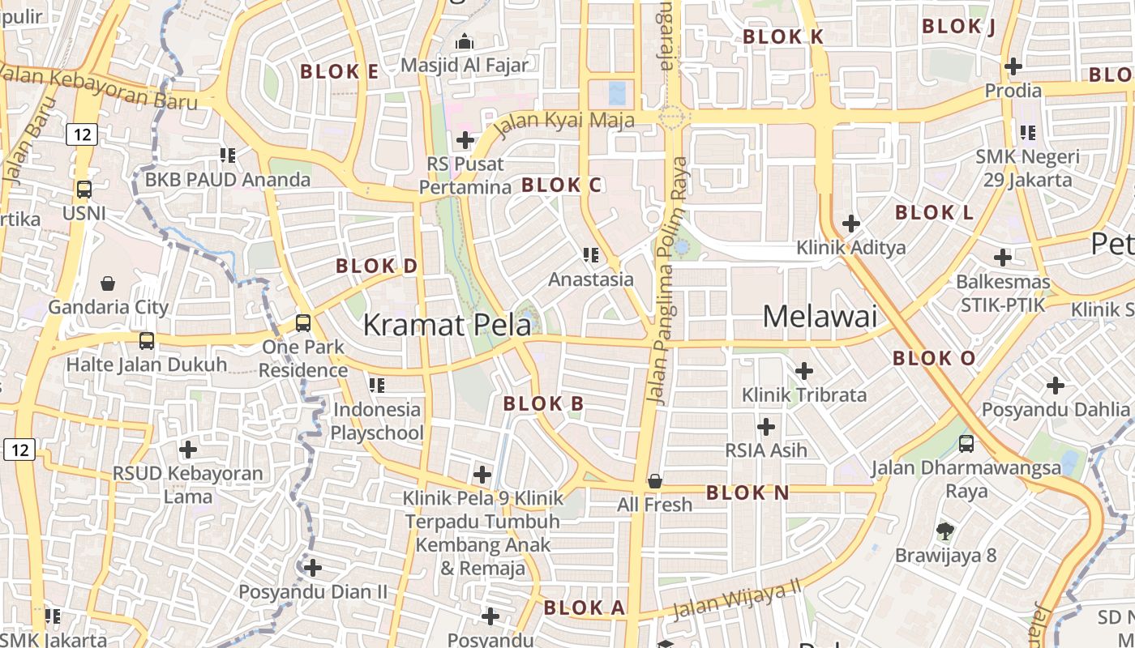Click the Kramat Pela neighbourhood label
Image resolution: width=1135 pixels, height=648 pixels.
point(447,325)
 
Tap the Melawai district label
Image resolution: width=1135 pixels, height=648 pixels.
point(820,316)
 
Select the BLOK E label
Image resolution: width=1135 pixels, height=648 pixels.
point(339,71)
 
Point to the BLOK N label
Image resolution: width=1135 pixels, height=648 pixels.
point(747,492)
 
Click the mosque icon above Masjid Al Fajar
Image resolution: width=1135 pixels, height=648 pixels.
point(465,40)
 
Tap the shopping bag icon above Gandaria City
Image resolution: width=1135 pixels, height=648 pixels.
point(108,283)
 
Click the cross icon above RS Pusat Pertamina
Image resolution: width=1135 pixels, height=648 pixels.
point(465,140)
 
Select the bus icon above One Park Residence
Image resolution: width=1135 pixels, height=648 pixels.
point(303,322)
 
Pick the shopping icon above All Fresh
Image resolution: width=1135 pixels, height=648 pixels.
point(654,481)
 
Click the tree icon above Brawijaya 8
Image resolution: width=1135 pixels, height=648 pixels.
point(944,531)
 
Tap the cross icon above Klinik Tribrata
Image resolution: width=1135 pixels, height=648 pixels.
point(804,371)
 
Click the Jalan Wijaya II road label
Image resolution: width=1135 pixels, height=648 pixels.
point(736,598)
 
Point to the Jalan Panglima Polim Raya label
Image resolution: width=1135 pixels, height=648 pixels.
point(667,279)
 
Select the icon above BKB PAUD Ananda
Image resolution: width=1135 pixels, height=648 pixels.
point(228,155)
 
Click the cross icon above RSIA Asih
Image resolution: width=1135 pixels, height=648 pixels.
point(766,426)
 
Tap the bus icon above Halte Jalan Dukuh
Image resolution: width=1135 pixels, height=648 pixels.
point(147,340)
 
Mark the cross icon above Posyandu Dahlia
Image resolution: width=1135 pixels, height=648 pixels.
point(1056,386)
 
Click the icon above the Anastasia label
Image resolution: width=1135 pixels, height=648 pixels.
point(591,255)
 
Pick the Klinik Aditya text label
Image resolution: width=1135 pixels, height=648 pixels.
point(850,247)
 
